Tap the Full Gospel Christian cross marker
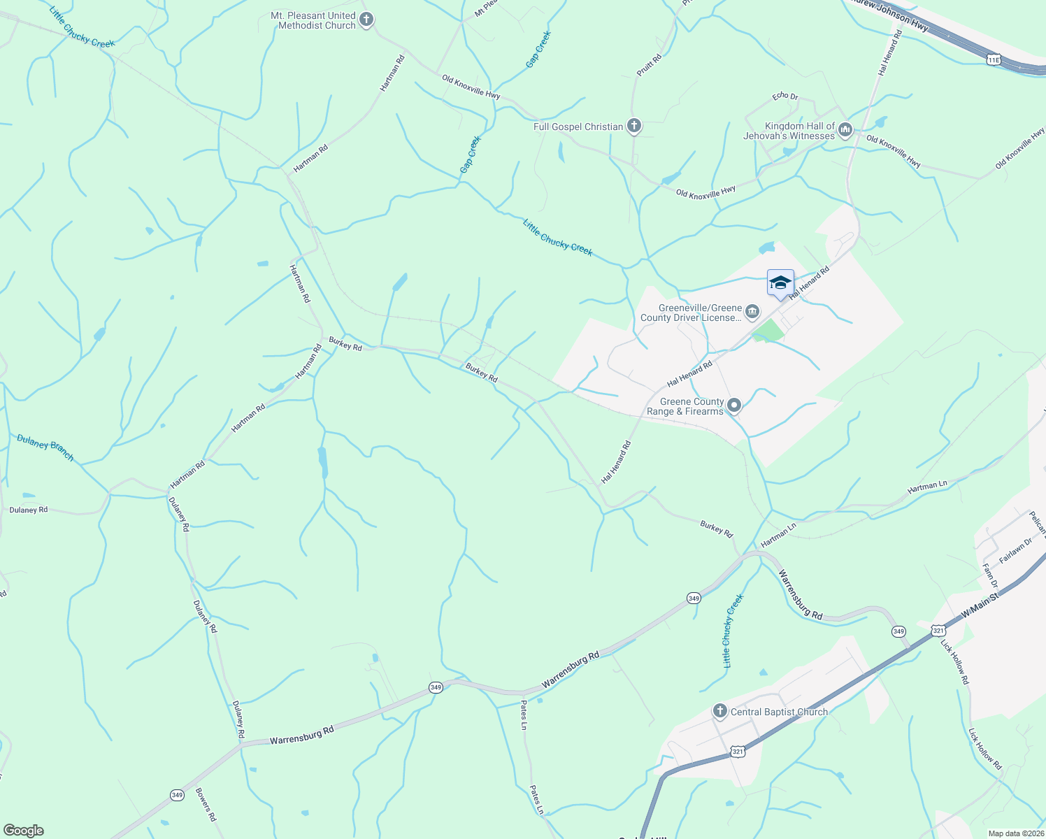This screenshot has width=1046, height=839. click(634, 126)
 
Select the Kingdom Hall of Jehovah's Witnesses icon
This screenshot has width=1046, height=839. click(845, 130)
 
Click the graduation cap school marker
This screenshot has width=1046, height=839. click(780, 283)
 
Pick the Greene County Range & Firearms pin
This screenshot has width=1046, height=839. click(734, 406)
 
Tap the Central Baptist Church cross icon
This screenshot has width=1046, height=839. click(720, 712)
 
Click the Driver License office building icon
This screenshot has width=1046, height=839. click(752, 312)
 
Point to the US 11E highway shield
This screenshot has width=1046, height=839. click(994, 60)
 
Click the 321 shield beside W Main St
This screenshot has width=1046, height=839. click(938, 631)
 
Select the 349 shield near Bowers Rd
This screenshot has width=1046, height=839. click(177, 795)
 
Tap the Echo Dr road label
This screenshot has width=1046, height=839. click(784, 96)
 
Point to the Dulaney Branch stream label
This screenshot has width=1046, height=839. click(45, 447)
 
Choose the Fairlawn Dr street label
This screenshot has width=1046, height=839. click(1016, 551)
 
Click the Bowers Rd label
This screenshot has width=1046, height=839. click(206, 805)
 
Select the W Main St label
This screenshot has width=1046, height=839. click(981, 603)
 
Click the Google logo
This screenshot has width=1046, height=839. click(23, 831)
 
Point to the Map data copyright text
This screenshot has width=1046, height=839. click(1015, 833)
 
